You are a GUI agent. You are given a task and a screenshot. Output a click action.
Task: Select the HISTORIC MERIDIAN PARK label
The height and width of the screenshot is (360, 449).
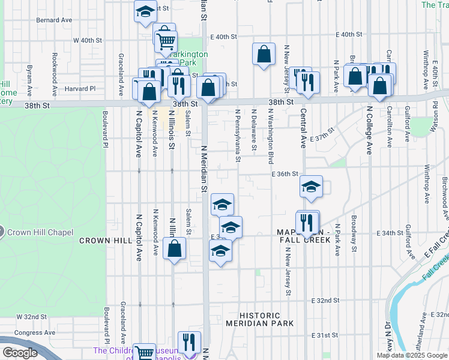click(260, 319)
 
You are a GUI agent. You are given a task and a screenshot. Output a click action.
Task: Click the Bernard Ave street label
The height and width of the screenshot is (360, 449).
click(54, 20)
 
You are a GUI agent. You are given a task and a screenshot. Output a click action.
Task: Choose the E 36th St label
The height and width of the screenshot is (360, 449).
click(285, 174)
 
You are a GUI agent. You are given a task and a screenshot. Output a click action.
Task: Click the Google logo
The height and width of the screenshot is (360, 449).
click(20, 353)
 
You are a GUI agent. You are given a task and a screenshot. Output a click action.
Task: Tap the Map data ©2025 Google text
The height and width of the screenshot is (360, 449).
click(411, 355)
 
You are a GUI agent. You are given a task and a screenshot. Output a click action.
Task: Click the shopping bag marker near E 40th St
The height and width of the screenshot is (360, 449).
click(264, 55)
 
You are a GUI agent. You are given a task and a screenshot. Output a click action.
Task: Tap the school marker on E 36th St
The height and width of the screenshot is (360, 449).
click(312, 187)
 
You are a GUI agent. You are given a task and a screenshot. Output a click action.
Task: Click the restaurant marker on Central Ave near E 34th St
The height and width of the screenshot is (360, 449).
click(307, 221)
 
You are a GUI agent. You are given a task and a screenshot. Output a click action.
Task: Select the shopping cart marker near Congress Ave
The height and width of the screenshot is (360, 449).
click(144, 353)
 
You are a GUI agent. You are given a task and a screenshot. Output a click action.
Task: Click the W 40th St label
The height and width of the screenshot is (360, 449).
click(84, 41)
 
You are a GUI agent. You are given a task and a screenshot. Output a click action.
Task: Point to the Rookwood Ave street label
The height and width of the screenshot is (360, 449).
click(55, 66)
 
